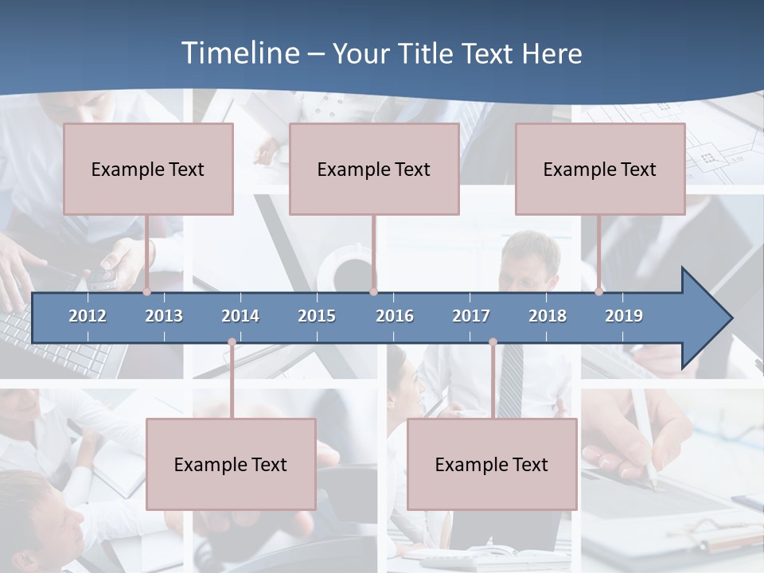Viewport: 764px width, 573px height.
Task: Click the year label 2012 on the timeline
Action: (x=88, y=316)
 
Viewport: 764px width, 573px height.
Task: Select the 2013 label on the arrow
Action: (x=164, y=316)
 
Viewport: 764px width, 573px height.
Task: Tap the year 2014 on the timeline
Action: (x=240, y=316)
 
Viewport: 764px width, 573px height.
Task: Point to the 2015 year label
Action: (x=317, y=316)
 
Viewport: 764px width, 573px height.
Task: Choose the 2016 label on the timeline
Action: (x=395, y=316)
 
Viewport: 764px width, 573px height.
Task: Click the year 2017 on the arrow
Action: (x=471, y=316)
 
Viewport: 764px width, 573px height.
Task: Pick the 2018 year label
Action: (x=548, y=316)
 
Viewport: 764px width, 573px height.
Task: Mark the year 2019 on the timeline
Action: (x=624, y=316)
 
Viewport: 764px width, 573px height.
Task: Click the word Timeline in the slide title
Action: (x=239, y=53)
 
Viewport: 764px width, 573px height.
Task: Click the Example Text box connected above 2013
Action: (x=148, y=169)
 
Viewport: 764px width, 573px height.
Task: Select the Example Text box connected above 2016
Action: (x=374, y=169)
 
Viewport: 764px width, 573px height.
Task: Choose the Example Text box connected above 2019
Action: (x=600, y=169)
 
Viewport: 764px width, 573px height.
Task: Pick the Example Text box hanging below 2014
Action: (x=231, y=464)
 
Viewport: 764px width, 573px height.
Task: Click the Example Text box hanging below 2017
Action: (x=492, y=464)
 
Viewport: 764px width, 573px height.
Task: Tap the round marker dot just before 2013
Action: (x=147, y=291)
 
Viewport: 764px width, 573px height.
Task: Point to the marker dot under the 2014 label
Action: (x=232, y=342)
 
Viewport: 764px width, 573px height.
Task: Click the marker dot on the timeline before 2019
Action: (x=598, y=291)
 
